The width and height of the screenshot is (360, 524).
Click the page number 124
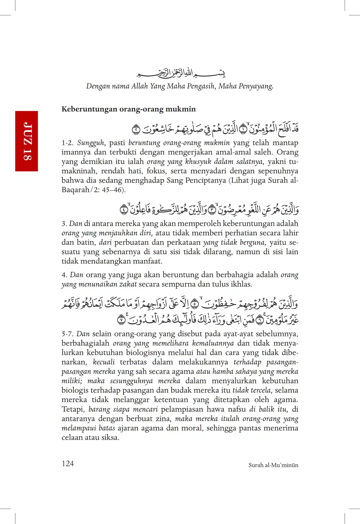coord(68,463)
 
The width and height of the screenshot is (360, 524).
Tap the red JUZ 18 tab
coord(26,141)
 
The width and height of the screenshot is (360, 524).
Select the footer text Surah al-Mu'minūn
coord(273,465)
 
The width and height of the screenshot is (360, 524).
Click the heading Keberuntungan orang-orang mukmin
coord(129,109)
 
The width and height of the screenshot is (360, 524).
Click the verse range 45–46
coord(113,190)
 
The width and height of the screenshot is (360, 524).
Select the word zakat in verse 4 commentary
coord(128,284)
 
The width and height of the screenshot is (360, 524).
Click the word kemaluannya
coord(213,344)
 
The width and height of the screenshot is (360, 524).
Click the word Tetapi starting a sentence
coord(73,409)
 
